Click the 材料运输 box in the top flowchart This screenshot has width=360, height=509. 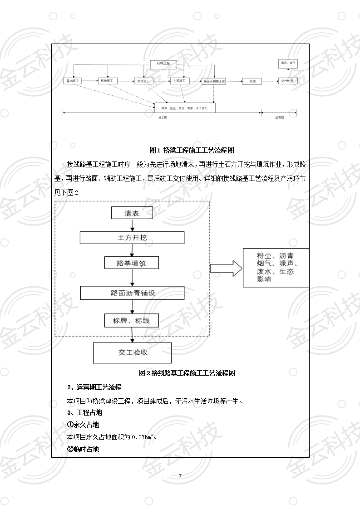163,64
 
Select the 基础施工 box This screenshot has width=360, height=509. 72,81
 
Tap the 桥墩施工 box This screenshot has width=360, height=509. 108,81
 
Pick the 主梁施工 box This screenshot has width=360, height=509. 178,81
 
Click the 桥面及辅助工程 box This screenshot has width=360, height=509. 214,81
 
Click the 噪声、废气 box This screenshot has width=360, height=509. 288,64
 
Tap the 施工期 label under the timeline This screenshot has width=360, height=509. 163,117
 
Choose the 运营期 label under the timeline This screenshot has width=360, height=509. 279,117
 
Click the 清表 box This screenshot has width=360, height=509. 132,213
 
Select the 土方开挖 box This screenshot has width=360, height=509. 132,238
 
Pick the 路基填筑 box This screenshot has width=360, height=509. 132,263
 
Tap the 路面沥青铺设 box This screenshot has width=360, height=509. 133,293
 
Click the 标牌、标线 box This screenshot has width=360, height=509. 132,320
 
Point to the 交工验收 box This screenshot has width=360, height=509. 132,352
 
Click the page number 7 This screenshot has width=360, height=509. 180,475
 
